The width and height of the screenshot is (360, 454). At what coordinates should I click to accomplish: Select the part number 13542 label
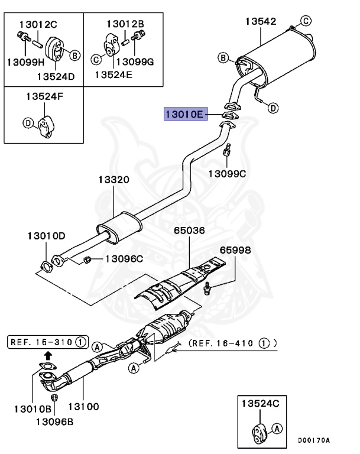[261, 22]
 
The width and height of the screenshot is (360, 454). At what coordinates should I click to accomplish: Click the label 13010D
[46, 236]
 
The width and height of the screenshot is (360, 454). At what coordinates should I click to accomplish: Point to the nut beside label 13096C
[87, 259]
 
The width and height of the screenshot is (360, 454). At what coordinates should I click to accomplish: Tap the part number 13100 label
[83, 407]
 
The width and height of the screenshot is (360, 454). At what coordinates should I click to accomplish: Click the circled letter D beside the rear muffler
[273, 108]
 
